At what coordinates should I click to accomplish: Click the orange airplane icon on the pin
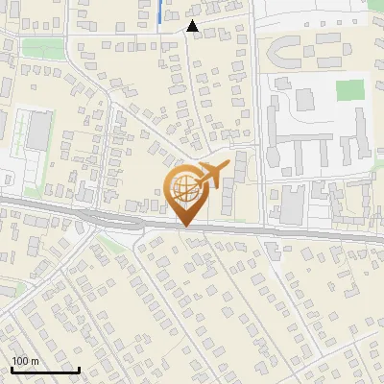pos(212,174)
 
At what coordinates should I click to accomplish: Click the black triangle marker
pos(193,27)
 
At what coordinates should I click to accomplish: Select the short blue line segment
pos(159,12)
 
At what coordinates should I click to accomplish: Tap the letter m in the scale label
pos(36,361)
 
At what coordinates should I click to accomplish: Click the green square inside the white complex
pos(350,91)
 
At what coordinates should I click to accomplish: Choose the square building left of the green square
pos(305,98)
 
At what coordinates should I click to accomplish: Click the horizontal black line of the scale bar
pos(44,370)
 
